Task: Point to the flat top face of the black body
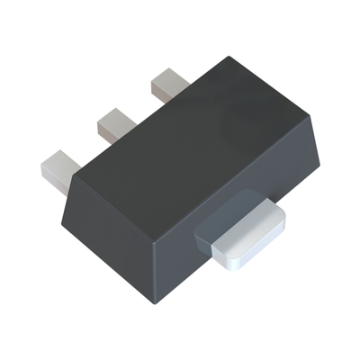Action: tap(198, 144)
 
